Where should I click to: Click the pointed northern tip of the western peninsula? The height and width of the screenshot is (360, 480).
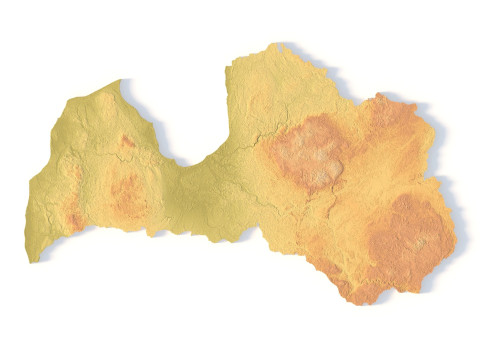(x=120, y=81)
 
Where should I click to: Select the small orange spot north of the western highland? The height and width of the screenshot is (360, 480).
(x=127, y=142)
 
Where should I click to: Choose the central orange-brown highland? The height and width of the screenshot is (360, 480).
(x=309, y=152)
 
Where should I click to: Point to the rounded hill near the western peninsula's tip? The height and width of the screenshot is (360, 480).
(x=104, y=102)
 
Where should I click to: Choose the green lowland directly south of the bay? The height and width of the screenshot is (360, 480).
(x=195, y=200)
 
